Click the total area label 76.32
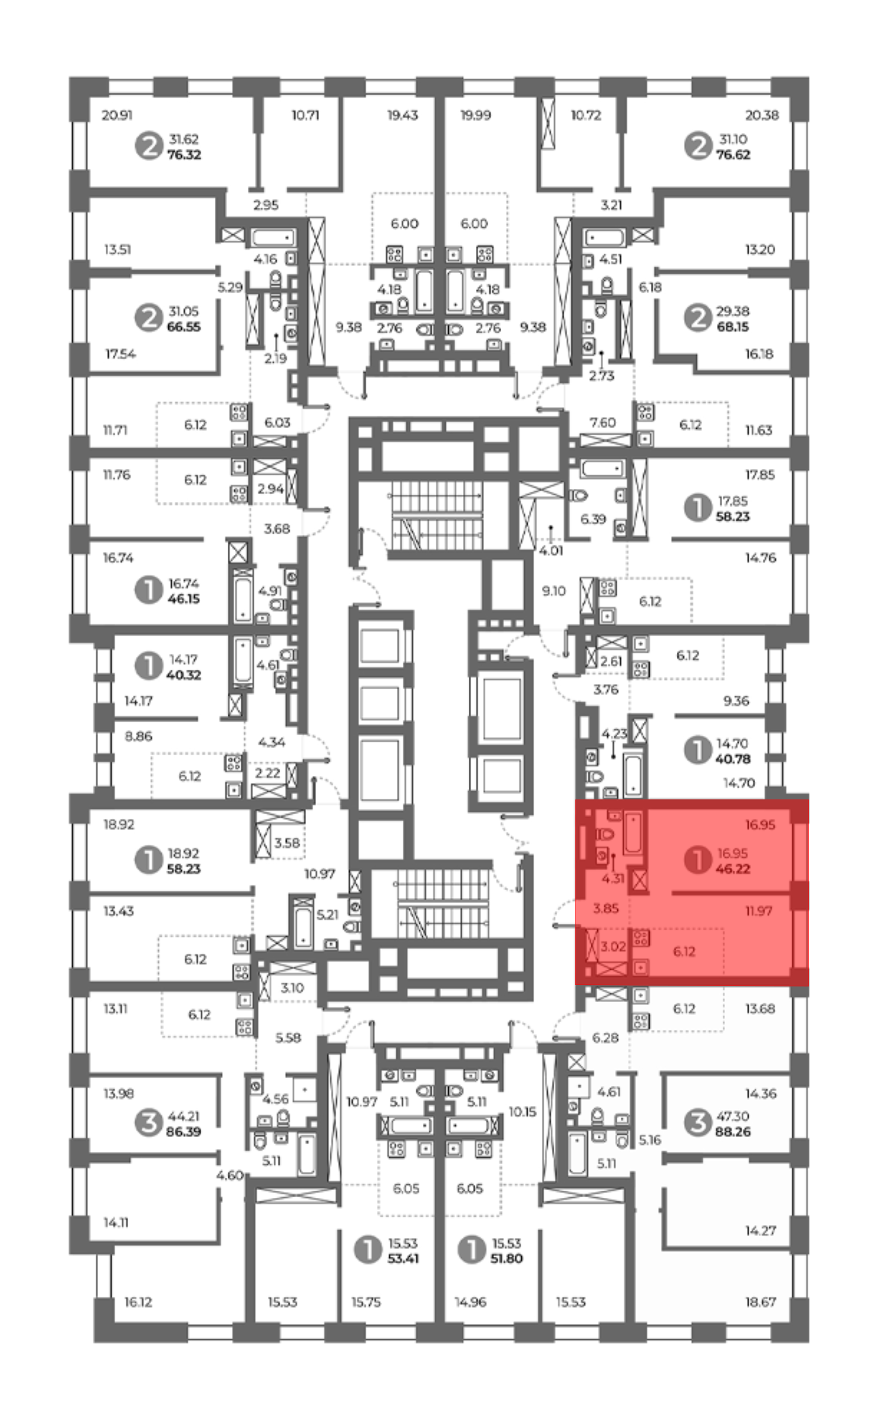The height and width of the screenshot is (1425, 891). pos(184,155)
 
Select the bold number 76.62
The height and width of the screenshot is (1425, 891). pos(733,155)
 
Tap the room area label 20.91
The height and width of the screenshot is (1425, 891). pos(117,115)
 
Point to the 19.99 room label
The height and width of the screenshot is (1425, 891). pos(475,115)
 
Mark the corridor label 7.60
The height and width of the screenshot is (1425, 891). pos(602,422)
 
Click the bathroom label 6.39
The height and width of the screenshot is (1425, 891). pos(593,519)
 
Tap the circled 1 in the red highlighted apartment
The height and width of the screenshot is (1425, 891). pos(698,860)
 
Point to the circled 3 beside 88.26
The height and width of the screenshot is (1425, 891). pos(698,1123)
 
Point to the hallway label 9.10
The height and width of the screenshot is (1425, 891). pos(553,590)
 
